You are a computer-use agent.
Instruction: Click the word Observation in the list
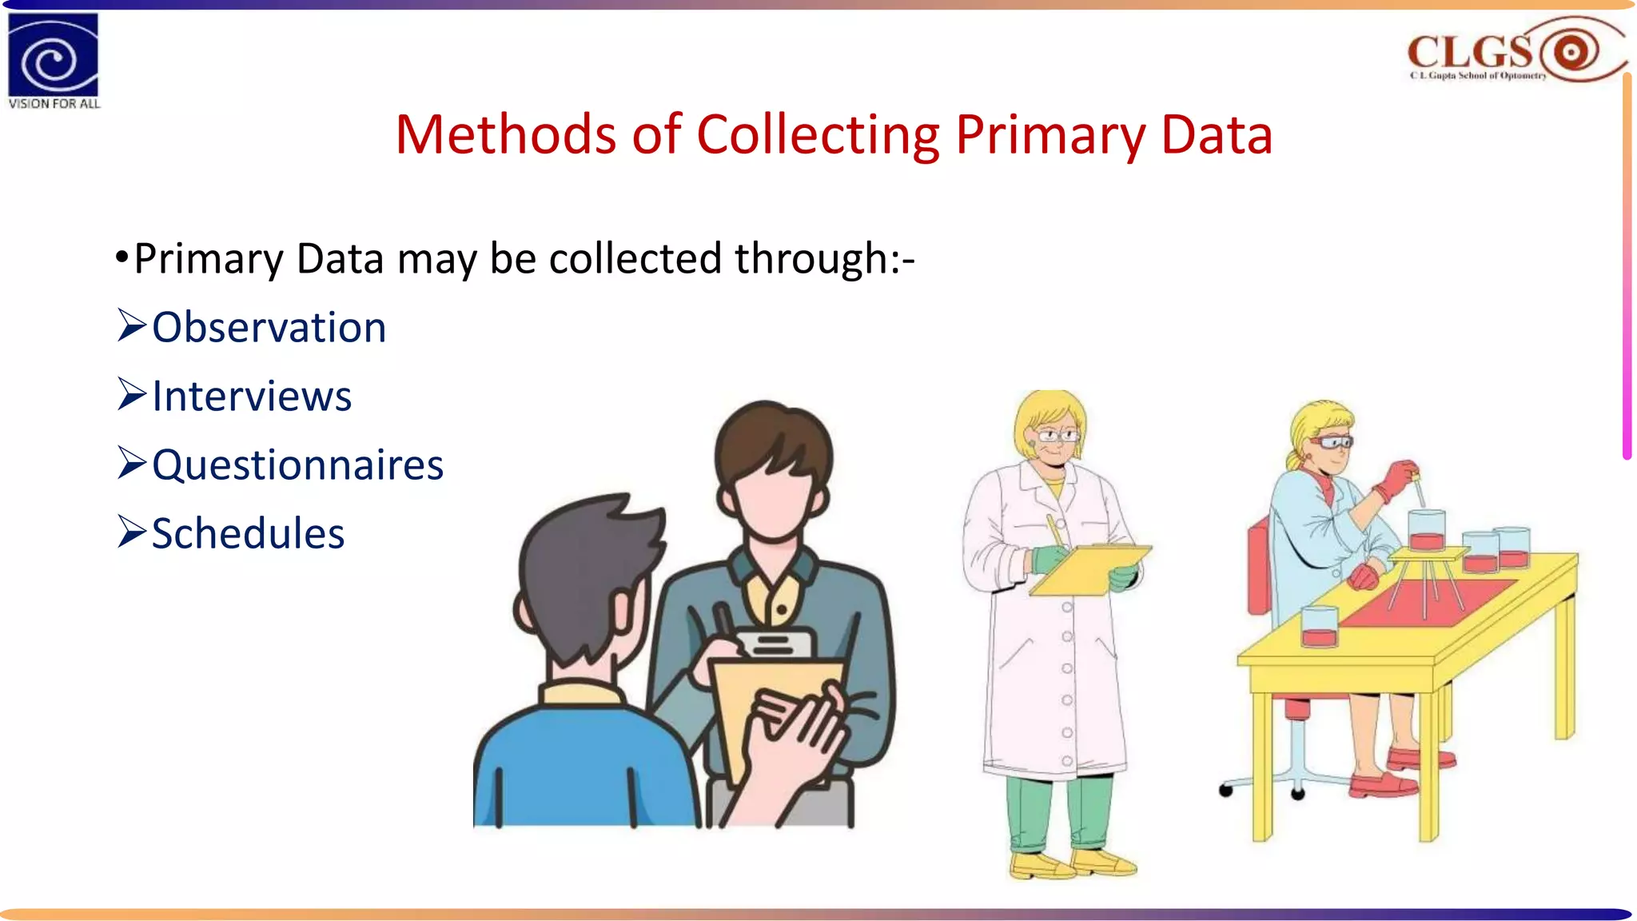(x=269, y=328)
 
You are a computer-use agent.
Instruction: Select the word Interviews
(x=252, y=397)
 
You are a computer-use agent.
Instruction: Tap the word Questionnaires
(x=297, y=465)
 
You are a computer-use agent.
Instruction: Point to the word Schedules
(x=248, y=534)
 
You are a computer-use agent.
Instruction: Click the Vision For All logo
(x=53, y=61)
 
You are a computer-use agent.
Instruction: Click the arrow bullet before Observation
(x=131, y=325)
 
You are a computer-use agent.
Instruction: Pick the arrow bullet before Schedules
(x=131, y=532)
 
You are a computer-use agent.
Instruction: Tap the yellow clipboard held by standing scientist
(x=1090, y=569)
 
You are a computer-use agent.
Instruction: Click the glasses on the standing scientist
(x=1057, y=436)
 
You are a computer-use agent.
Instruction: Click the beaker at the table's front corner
(x=1319, y=626)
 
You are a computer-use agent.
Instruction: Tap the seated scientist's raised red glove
(x=1395, y=479)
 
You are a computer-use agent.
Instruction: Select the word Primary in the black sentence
(x=209, y=259)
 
